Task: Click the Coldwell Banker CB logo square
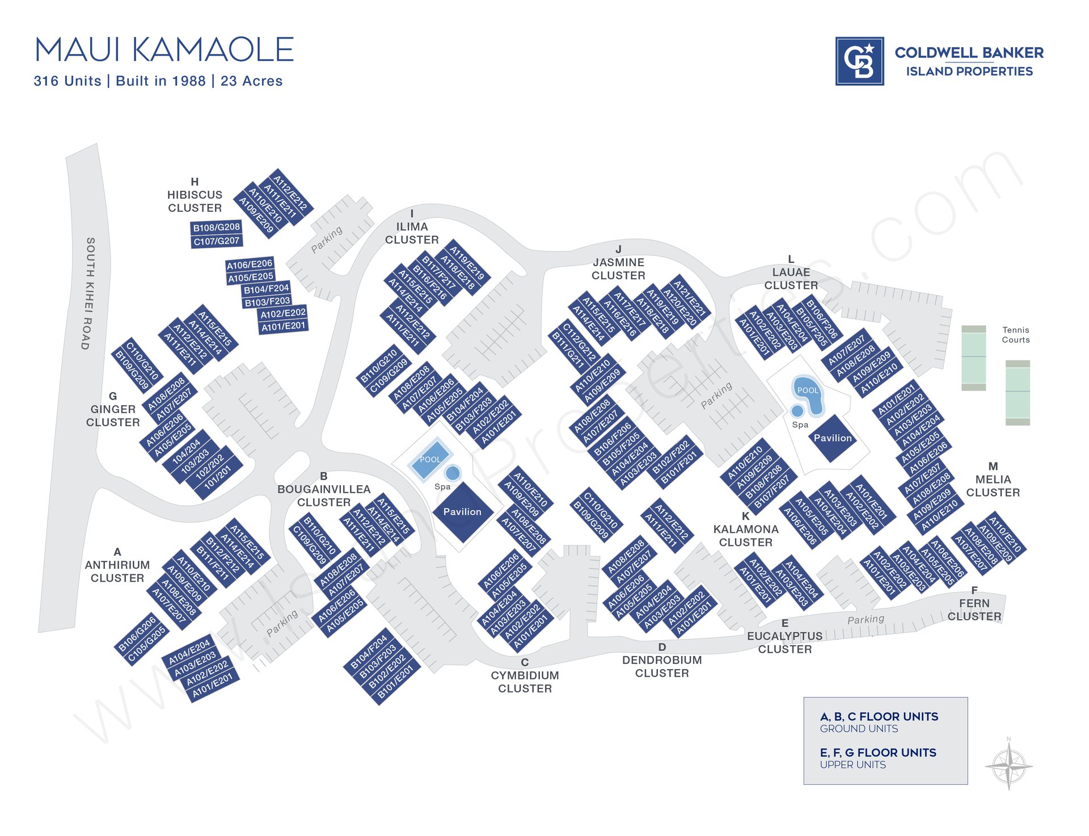pos(859,61)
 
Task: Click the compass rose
pos(1008,766)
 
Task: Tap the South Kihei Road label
pos(88,293)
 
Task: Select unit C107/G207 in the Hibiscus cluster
pos(217,241)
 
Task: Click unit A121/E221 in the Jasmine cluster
pos(690,297)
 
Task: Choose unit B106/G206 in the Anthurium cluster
pos(137,632)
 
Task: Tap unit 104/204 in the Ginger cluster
pos(187,451)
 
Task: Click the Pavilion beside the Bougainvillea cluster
pos(463,512)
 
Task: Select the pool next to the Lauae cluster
pos(808,393)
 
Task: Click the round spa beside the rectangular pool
pos(452,473)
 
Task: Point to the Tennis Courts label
pos(1015,335)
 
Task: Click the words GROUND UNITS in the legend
pos(859,729)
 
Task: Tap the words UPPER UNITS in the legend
pos(852,765)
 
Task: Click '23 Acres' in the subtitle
pos(251,81)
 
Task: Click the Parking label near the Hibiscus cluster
pos(327,240)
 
